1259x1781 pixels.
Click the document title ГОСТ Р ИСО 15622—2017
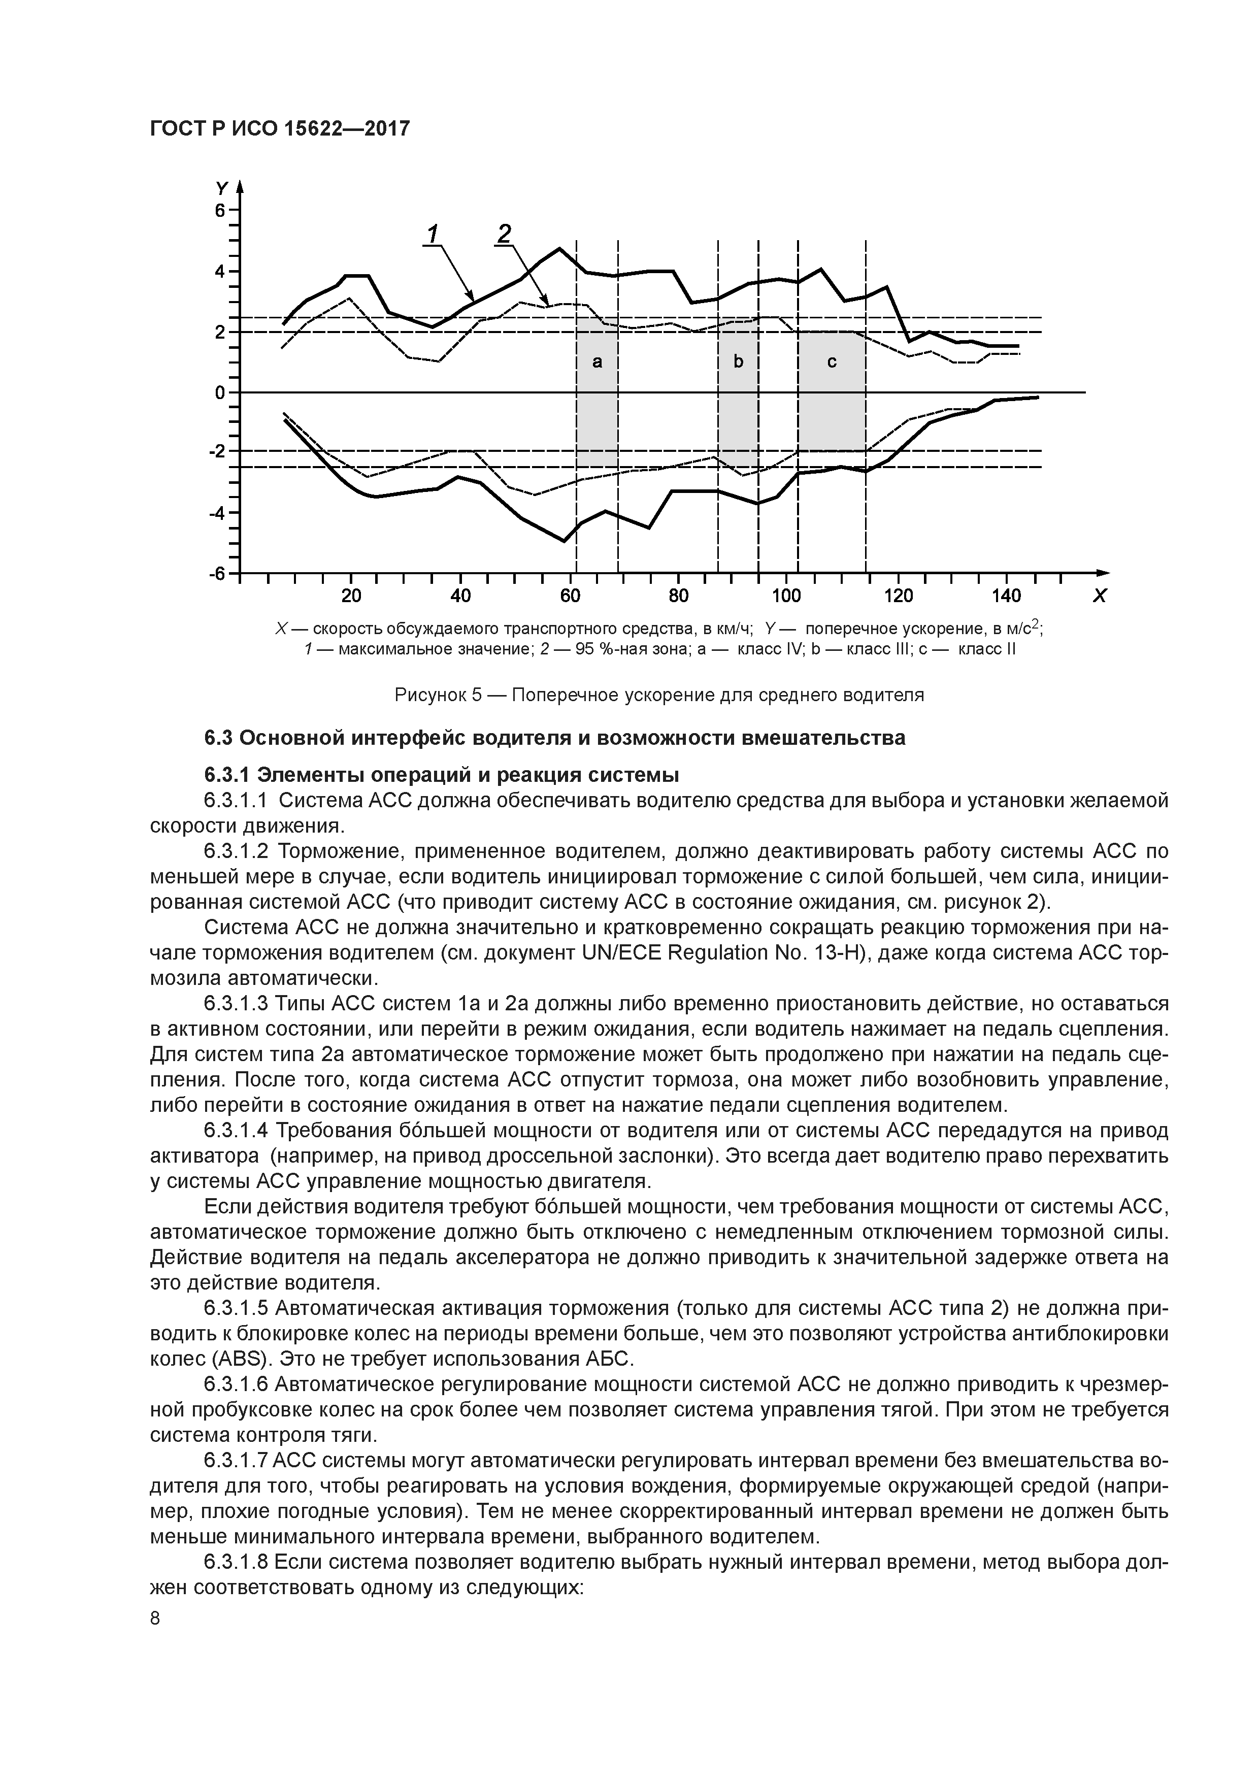[279, 129]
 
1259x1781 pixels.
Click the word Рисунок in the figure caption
[429, 694]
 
